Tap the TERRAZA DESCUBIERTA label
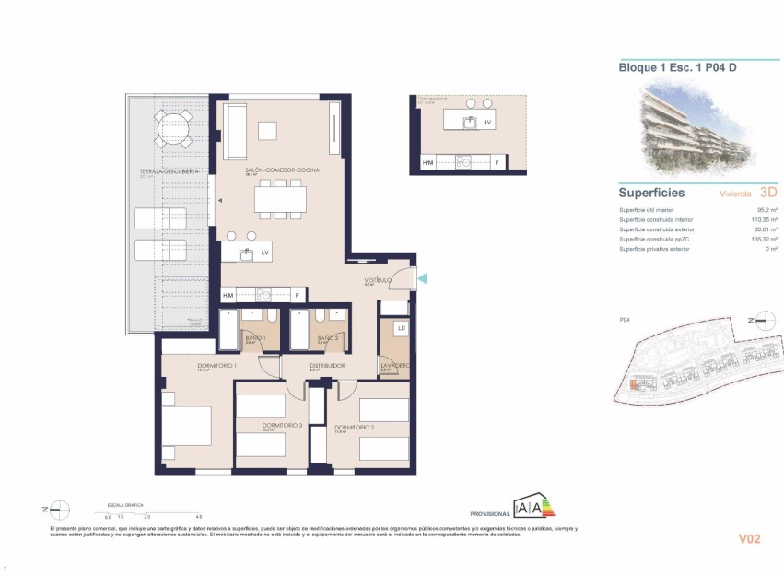pos(164,172)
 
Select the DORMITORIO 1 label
pos(217,366)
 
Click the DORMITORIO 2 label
pos(354,428)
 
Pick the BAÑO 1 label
pos(255,339)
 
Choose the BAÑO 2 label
pos(329,339)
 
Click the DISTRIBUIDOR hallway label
pos(327,366)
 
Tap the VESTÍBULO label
pos(379,279)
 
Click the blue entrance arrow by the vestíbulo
pos(422,278)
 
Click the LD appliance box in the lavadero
pos(401,328)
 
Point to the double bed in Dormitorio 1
pos(188,425)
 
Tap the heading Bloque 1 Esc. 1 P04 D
pos(675,66)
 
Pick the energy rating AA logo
pos(533,506)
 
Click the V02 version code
pos(753,538)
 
